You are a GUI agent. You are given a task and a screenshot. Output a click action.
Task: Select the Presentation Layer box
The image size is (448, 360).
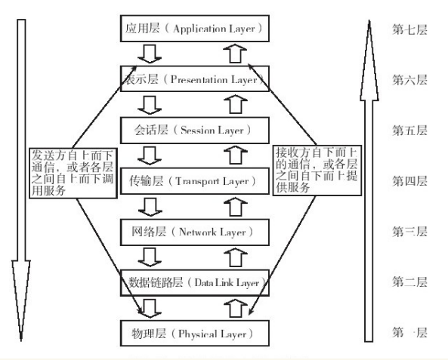click(x=194, y=78)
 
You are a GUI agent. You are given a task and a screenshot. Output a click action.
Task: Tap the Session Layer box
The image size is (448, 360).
click(x=194, y=130)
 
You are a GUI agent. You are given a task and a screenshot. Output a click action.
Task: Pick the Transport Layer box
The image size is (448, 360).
click(x=194, y=180)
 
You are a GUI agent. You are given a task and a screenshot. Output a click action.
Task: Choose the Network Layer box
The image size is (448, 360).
click(x=194, y=232)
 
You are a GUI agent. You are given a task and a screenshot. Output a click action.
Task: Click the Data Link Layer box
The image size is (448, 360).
click(x=194, y=283)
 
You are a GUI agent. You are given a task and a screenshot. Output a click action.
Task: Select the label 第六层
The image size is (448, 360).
click(x=409, y=79)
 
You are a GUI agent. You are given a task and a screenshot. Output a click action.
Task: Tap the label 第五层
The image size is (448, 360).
click(x=409, y=130)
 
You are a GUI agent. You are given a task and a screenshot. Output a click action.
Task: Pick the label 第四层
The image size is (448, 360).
click(x=409, y=180)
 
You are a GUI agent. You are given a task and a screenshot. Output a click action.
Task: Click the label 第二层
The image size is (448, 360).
click(x=409, y=282)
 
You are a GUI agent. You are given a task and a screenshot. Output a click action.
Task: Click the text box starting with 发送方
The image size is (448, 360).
click(x=73, y=173)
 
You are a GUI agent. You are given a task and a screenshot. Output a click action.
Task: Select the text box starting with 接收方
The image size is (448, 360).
click(x=311, y=173)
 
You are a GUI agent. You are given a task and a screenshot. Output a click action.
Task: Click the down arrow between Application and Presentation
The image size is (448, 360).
click(x=152, y=54)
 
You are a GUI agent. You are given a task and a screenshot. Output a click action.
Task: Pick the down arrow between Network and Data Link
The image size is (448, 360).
click(x=152, y=257)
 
